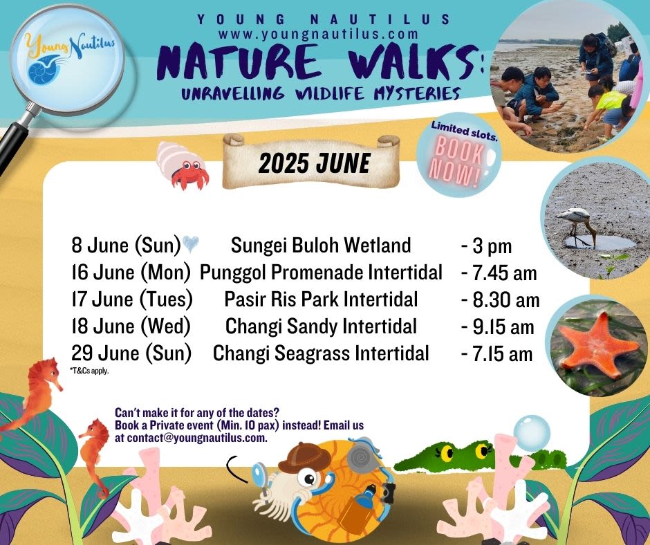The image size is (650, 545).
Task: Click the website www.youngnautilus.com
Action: pos(318,34)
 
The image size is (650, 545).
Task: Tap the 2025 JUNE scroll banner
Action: pos(311,161)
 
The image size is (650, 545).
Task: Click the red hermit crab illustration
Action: pos(183,165)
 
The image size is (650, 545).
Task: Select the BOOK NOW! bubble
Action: pos(459,155)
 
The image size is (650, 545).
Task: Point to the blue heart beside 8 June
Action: pos(191,243)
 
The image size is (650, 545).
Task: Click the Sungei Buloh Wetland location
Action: pos(320,245)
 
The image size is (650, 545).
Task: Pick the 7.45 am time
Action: pos(499,273)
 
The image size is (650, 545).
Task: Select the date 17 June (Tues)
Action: pos(132,299)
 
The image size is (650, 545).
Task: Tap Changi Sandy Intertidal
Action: pos(321,326)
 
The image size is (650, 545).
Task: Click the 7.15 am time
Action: pos(497,354)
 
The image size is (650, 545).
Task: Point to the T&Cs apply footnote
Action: pos(89,371)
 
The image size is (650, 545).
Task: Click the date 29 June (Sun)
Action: pos(131,353)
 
